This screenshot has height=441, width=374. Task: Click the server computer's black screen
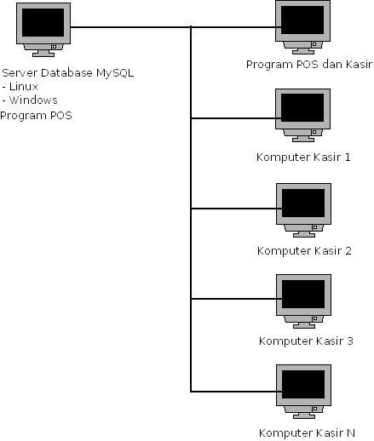click(x=43, y=22)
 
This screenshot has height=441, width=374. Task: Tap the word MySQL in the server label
click(x=115, y=73)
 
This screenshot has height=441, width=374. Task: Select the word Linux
click(x=24, y=87)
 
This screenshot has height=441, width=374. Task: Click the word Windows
click(x=33, y=100)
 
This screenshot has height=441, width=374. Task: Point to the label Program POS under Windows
click(x=36, y=116)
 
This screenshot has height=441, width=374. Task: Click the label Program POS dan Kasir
click(x=309, y=65)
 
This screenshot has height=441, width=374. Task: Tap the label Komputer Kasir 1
click(x=303, y=157)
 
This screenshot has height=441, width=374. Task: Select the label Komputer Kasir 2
click(x=304, y=250)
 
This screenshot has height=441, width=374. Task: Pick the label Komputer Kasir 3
click(x=306, y=341)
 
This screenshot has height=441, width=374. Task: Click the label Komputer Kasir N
click(x=307, y=433)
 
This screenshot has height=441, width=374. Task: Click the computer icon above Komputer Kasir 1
click(x=302, y=115)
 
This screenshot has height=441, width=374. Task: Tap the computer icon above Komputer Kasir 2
click(x=303, y=210)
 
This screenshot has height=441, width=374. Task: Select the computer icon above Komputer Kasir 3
click(x=303, y=301)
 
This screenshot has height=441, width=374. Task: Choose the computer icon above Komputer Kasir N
click(x=303, y=392)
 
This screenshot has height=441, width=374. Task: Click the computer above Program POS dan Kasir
click(x=302, y=27)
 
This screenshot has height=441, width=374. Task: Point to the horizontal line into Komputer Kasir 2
click(x=236, y=209)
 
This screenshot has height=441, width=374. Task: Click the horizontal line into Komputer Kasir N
click(x=236, y=392)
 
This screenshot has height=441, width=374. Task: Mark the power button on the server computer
click(x=55, y=47)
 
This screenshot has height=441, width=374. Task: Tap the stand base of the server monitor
click(x=43, y=54)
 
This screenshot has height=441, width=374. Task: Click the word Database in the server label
click(x=66, y=73)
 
